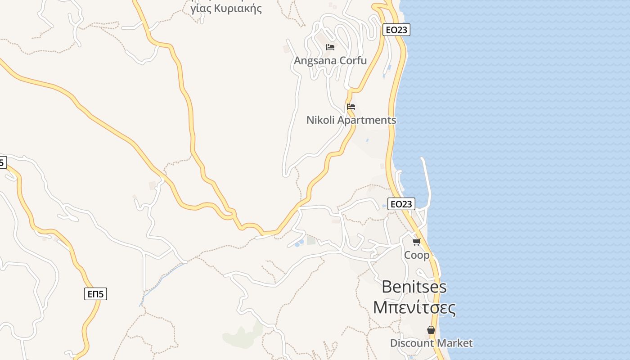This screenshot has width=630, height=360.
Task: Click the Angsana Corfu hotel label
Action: point(330,60)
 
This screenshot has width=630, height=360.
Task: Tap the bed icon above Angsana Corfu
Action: point(330,47)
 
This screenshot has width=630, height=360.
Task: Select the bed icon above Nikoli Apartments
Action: point(351,107)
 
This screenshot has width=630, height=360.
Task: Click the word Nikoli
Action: point(320,120)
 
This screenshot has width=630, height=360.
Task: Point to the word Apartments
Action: point(367,120)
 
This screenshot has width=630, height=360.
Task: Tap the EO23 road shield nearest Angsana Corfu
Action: point(396,30)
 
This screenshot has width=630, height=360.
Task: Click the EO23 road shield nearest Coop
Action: point(401,204)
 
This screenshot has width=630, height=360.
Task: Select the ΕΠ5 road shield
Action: point(95,294)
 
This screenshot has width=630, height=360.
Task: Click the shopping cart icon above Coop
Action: point(417,242)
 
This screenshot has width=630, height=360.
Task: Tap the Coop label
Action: point(417,255)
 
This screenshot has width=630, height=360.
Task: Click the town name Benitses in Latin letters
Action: point(414,287)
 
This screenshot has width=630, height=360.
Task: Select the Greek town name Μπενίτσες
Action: point(414,308)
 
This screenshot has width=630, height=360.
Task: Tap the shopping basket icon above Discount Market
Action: point(431,330)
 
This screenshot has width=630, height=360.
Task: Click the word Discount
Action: point(410,343)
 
